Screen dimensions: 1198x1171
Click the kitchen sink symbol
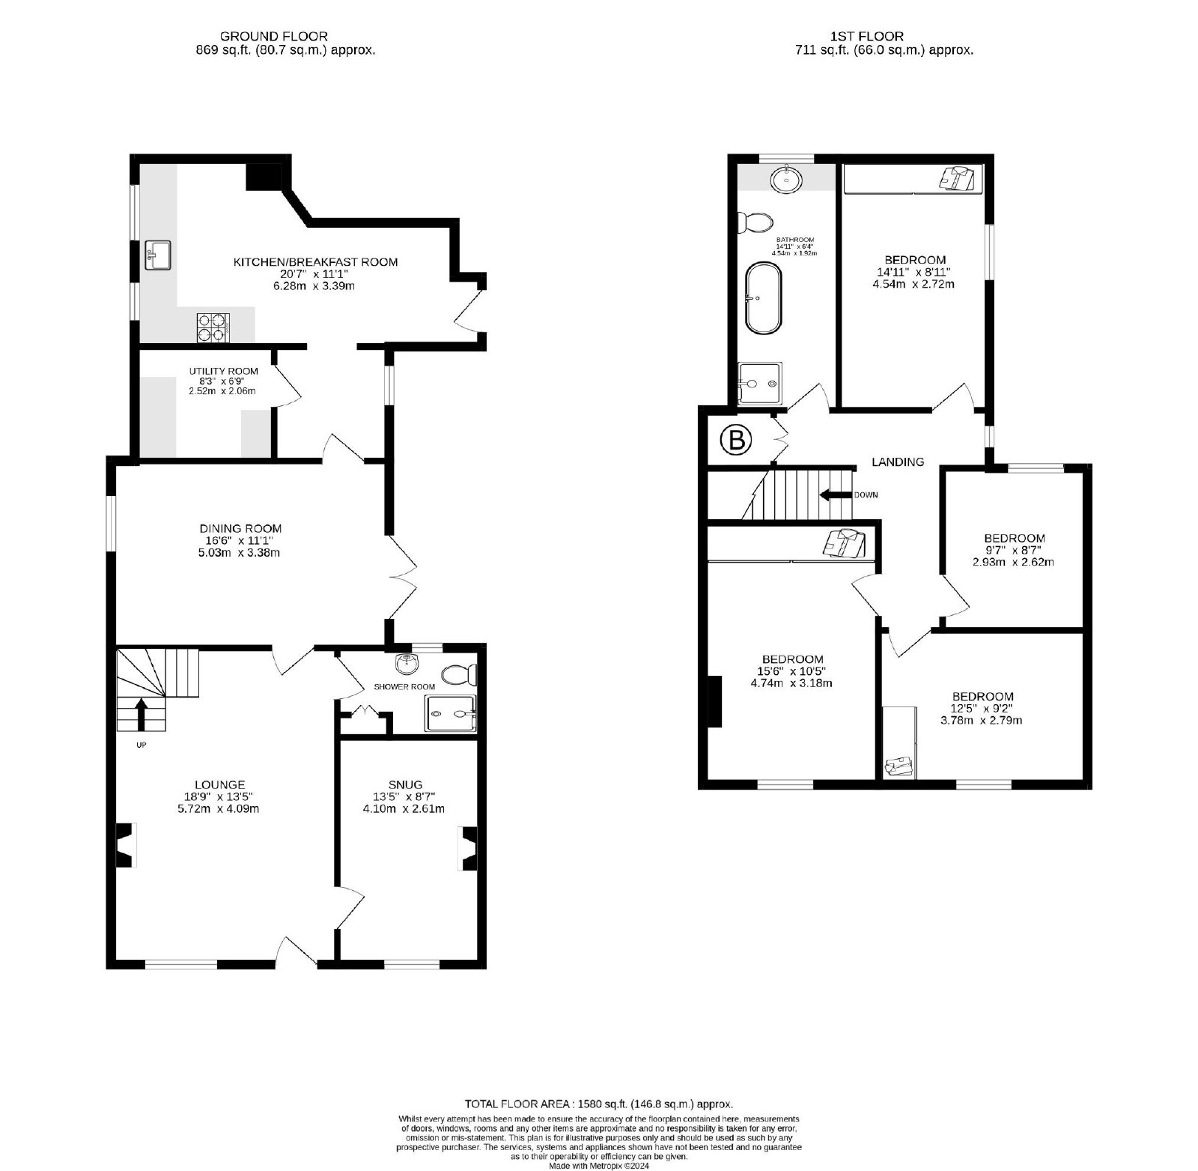pos(159,255)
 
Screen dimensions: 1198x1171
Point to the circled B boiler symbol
pos(736,441)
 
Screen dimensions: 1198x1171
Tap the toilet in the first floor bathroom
pos(755,223)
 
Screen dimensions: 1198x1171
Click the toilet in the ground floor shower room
pos(458,675)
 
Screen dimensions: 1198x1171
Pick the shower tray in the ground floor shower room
pos(450,712)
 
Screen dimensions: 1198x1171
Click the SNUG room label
pos(405,784)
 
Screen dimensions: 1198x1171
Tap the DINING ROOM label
pos(240,528)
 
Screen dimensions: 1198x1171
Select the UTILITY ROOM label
pos(223,371)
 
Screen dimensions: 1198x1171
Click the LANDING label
pos(898,462)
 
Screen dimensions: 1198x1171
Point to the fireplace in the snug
pos(468,848)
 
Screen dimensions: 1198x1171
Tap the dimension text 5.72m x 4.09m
pos(216,809)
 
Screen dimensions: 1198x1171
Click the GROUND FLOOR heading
pos(273,36)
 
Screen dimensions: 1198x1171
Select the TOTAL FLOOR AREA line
pos(599,1104)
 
